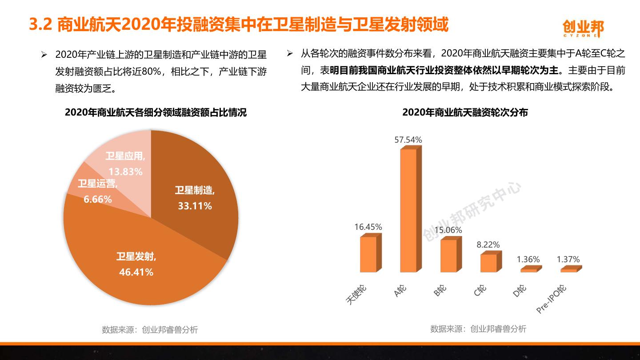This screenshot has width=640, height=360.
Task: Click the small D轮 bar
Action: [528, 270]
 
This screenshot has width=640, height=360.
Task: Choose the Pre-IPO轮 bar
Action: [568, 270]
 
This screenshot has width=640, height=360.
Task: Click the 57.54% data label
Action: [408, 140]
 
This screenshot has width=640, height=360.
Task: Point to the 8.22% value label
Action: [488, 245]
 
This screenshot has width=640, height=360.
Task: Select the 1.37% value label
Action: [568, 260]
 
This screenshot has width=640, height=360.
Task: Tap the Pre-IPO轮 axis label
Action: [552, 299]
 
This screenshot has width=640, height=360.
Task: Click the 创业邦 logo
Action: [583, 28]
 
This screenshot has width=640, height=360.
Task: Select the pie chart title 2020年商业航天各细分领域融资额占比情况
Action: [156, 112]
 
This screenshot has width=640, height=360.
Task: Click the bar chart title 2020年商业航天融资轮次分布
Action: [465, 112]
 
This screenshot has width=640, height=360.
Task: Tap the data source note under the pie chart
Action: [150, 330]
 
